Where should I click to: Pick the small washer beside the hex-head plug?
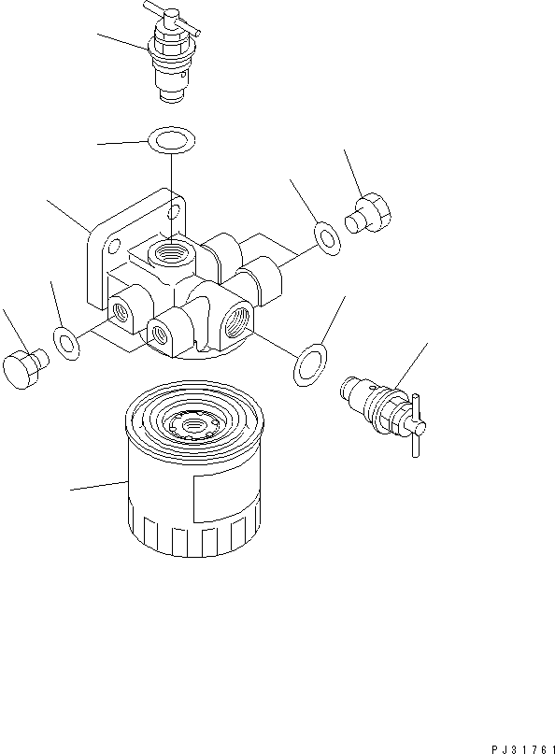pos(326,237)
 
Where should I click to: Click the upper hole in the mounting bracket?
pos(171,216)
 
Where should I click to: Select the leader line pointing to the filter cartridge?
pos(99,486)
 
